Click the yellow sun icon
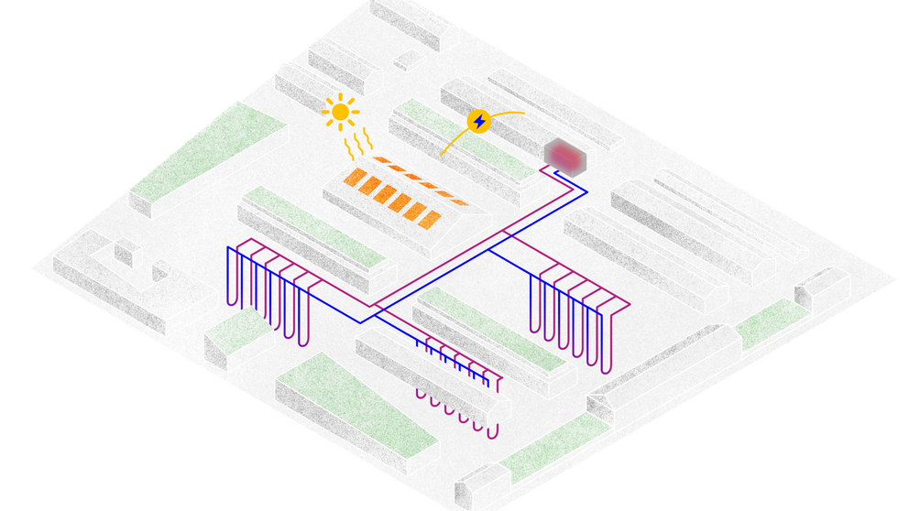coord(340,113)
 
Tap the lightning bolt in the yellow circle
coord(478,121)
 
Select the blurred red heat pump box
coord(564,157)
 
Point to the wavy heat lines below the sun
coord(358,145)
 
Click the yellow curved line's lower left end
coord(442,155)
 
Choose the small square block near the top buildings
coord(408,60)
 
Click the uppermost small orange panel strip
coord(380,160)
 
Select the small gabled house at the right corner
coord(818,286)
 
